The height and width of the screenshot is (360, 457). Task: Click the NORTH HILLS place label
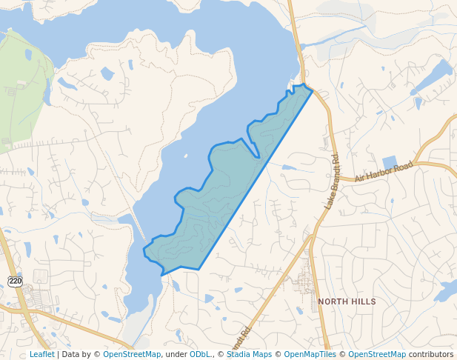[x=347, y=302]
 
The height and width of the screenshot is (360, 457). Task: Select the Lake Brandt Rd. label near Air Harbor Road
[x=331, y=181]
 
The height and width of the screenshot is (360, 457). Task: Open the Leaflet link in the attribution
[x=41, y=355]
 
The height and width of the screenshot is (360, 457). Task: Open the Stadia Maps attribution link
[x=249, y=355]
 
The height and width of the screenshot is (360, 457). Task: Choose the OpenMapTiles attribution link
[x=310, y=355]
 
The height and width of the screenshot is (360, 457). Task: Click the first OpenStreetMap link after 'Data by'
[x=132, y=355]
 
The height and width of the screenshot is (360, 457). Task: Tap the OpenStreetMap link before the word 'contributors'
[x=377, y=355]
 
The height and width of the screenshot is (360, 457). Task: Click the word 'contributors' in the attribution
[x=431, y=355]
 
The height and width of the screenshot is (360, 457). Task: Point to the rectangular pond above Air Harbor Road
[x=390, y=163]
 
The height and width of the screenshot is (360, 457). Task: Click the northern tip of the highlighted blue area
[x=304, y=86]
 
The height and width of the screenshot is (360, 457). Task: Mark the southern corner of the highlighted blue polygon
[x=162, y=275]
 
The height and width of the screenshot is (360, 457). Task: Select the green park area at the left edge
[x=22, y=89]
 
